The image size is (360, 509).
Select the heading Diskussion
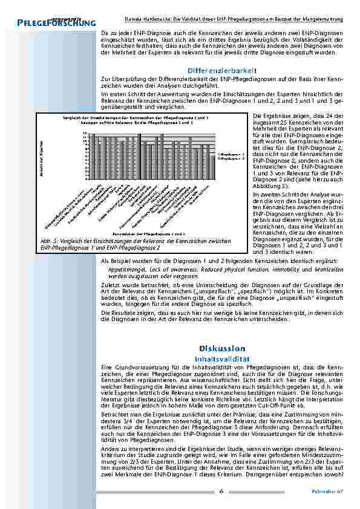tap(222, 349)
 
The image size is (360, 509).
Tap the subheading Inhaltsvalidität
tap(222, 358)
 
